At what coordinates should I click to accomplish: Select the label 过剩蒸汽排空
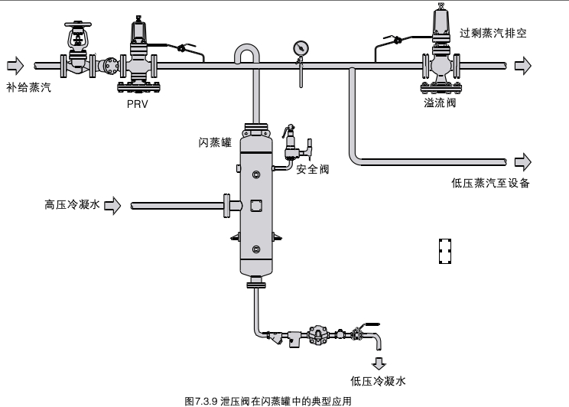(493, 34)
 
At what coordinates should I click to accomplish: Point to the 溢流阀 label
(439, 102)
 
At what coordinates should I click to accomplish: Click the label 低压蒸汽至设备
(491, 183)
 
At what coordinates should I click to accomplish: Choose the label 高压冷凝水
(72, 204)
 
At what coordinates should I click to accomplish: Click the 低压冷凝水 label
(378, 380)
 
